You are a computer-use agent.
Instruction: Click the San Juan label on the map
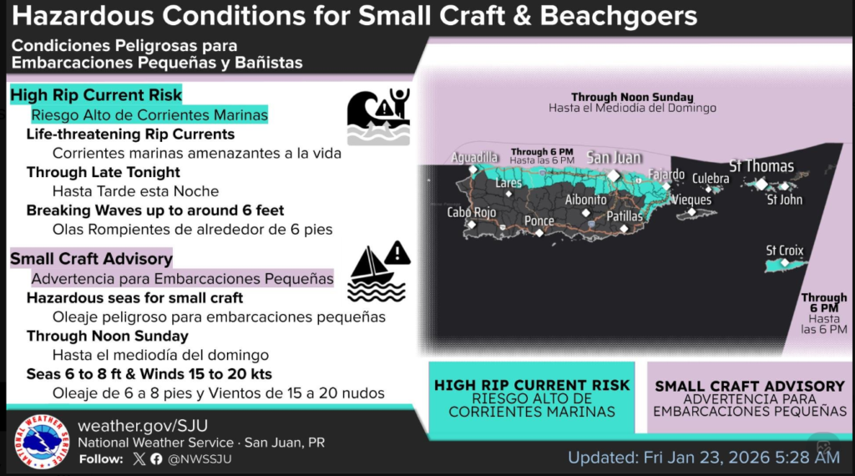pos(614,158)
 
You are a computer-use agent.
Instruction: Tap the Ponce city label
pos(539,220)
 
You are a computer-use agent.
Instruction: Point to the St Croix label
pos(785,251)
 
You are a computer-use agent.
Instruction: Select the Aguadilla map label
pos(474,158)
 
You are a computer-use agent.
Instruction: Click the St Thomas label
pos(761,165)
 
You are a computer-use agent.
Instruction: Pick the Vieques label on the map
pos(691,200)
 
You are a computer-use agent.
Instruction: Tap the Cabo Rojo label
pos(472,212)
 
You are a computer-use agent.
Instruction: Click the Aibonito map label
pos(585,200)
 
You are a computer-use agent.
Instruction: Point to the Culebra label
pos(711,179)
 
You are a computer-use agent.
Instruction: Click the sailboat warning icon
pos(379,271)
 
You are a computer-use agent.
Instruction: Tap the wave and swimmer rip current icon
pos(378,117)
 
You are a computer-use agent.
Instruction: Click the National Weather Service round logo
pos(42,442)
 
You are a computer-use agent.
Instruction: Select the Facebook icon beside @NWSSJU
pos(156,459)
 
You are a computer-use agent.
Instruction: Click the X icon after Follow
pos(139,459)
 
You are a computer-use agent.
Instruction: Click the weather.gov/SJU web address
pos(143,425)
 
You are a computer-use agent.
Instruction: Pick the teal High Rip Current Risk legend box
pos(532,398)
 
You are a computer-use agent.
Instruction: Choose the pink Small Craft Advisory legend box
pos(750,398)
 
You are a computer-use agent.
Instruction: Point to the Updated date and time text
pos(704,458)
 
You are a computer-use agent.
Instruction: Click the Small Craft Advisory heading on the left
pos(91,258)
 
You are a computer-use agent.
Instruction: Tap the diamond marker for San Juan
pos(614,175)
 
